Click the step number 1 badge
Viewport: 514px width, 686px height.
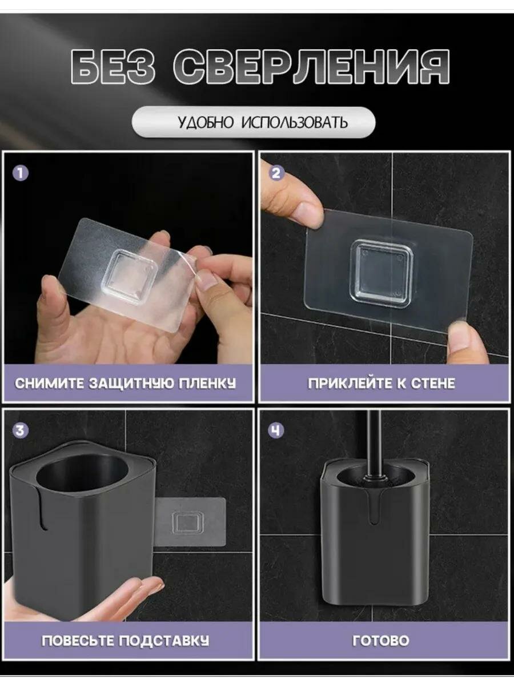click(x=21, y=173)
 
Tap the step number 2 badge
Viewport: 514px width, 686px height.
click(x=276, y=173)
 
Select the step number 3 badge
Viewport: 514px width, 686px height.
click(x=21, y=430)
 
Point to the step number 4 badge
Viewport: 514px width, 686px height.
click(x=276, y=430)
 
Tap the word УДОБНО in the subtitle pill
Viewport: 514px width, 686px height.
click(x=206, y=122)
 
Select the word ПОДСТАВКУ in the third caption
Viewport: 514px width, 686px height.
click(x=164, y=641)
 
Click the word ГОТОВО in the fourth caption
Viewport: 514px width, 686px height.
click(x=381, y=641)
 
